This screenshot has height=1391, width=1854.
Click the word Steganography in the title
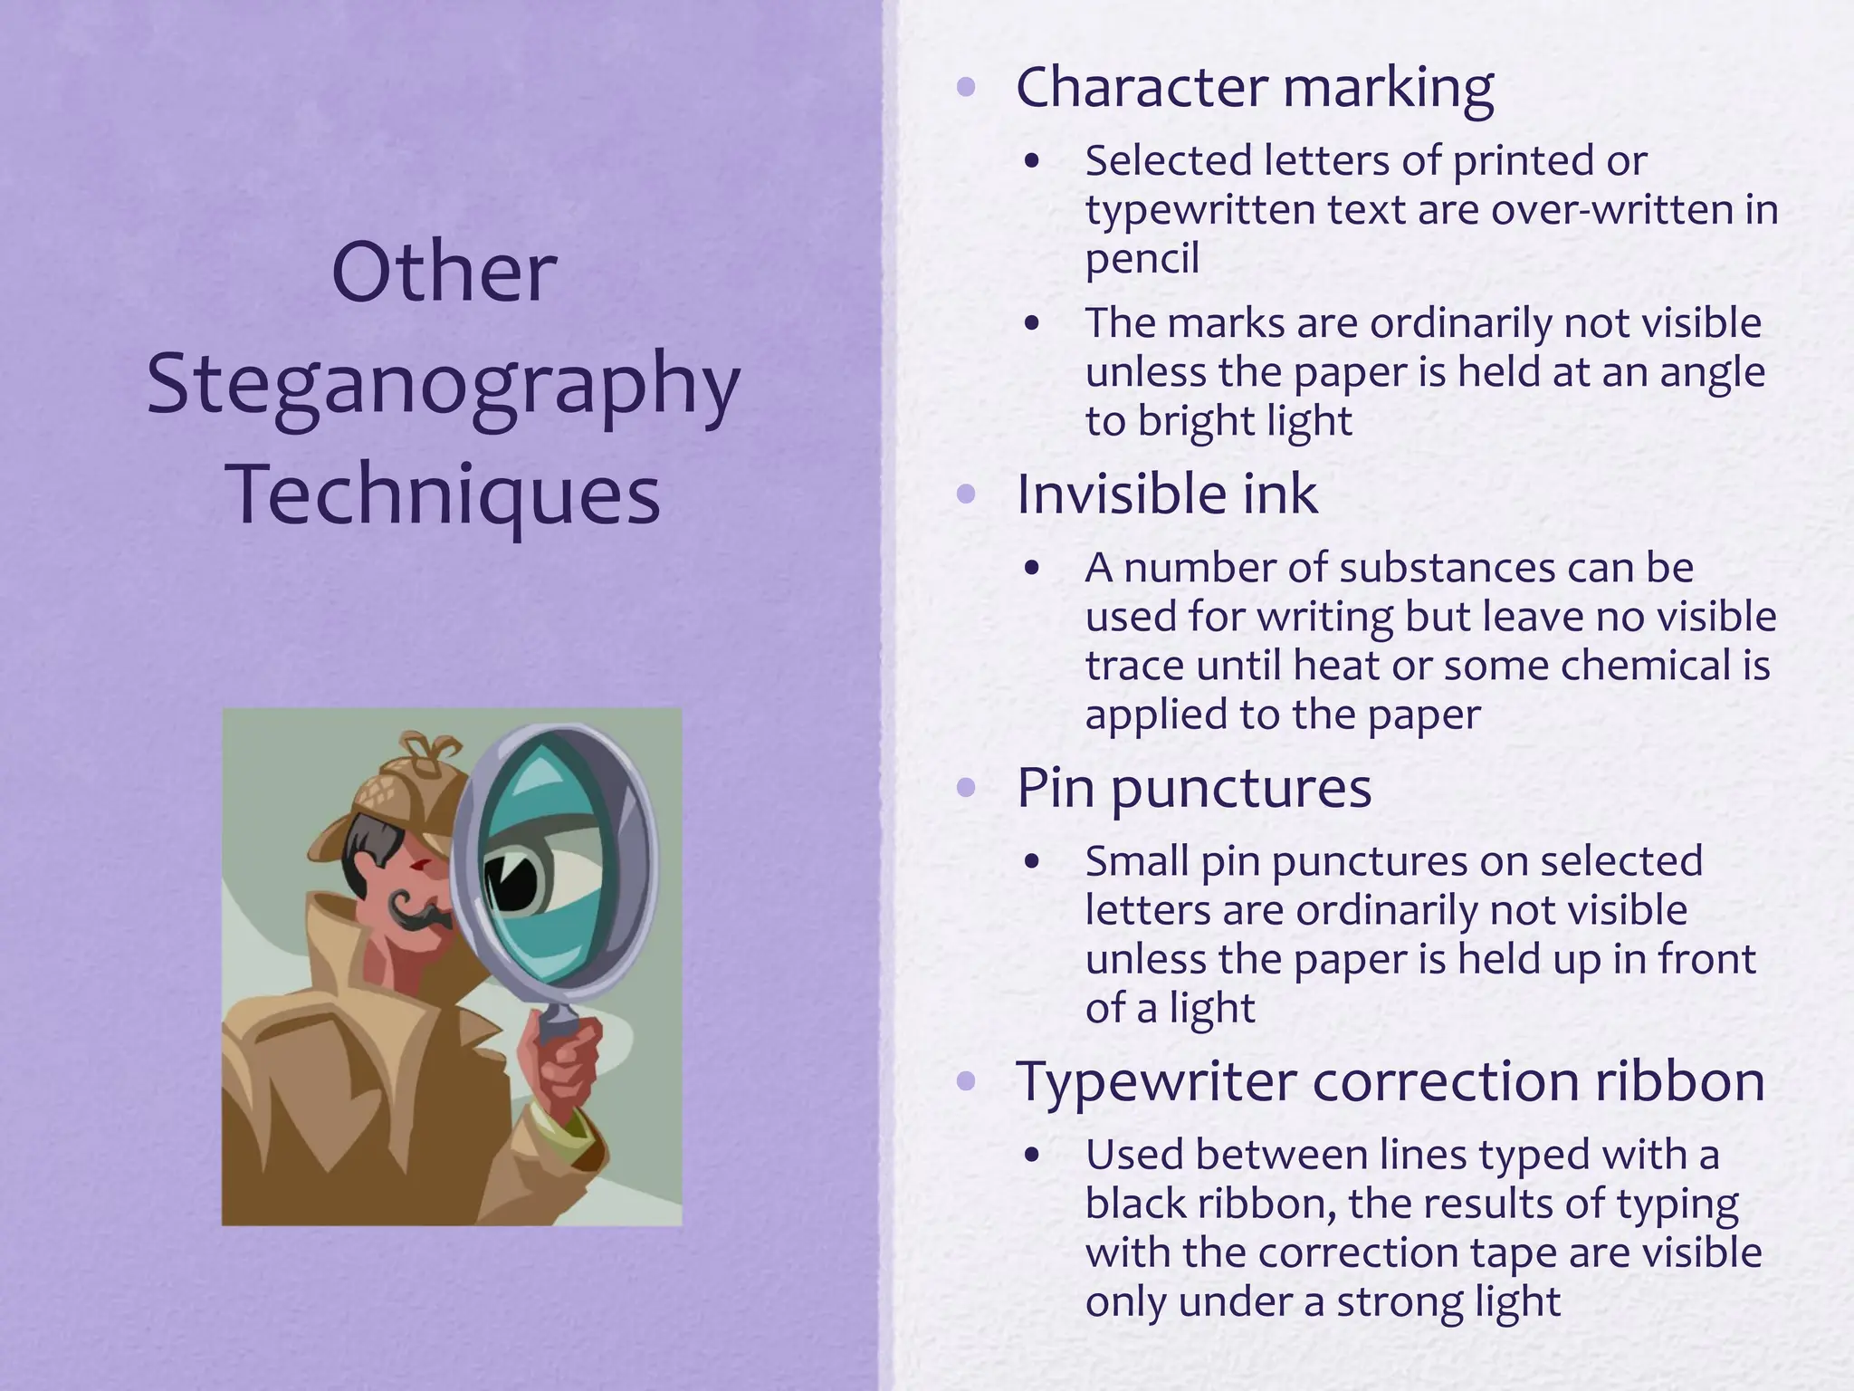443,384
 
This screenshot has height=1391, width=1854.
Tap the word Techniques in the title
443,494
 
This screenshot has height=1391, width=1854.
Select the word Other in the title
443,272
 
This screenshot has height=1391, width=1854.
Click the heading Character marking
1255,88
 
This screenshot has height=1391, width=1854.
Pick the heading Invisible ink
1167,494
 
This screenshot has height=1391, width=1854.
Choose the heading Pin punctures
1194,787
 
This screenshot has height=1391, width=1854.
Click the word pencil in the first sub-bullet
1142,259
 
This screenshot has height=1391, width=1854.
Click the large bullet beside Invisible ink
967,494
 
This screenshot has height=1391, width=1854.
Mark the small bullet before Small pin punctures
1032,862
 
